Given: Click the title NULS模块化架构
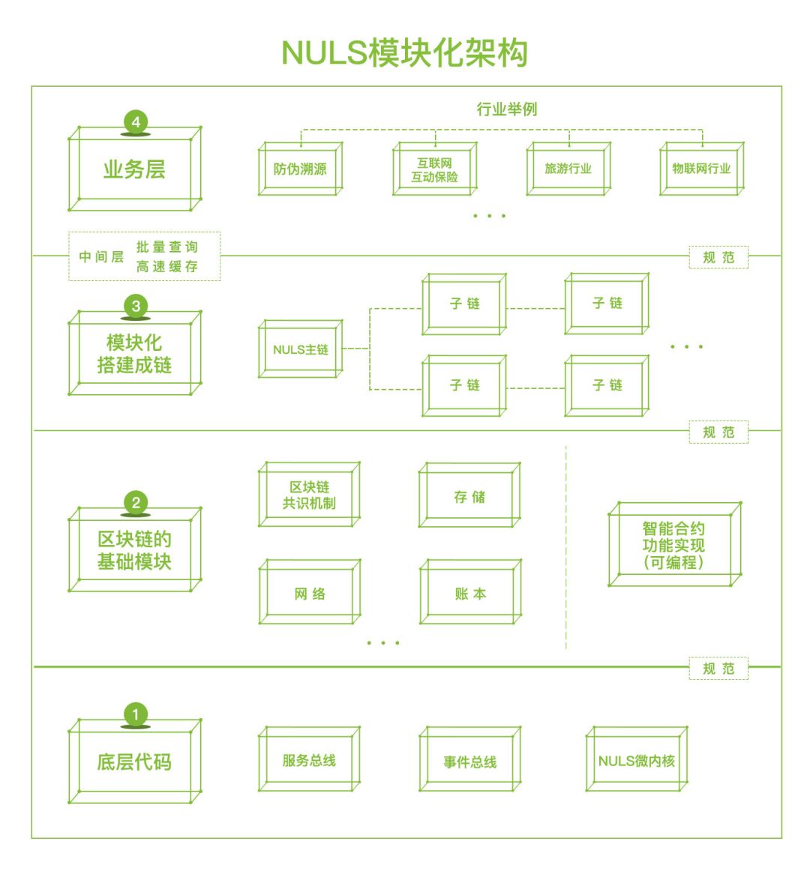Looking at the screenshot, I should click(405, 52).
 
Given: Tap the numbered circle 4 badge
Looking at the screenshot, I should click(136, 122).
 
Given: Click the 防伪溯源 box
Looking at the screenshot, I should click(300, 169).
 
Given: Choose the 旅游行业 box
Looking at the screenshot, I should click(568, 169).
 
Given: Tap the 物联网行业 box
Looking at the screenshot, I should click(701, 169).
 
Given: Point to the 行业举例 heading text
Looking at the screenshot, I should click(507, 109).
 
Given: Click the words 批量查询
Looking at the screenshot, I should click(167, 247).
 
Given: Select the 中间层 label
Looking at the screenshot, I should click(101, 256).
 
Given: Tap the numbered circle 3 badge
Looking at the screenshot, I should click(136, 306).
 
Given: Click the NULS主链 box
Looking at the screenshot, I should click(301, 349).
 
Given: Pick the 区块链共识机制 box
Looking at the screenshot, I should click(309, 495).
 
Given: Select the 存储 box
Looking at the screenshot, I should click(469, 496).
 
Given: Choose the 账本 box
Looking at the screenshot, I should click(470, 594).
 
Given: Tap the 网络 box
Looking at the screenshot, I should click(310, 594).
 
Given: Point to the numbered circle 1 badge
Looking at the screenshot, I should click(136, 714).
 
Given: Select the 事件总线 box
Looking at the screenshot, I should click(470, 762).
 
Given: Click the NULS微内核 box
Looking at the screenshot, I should click(636, 761).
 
